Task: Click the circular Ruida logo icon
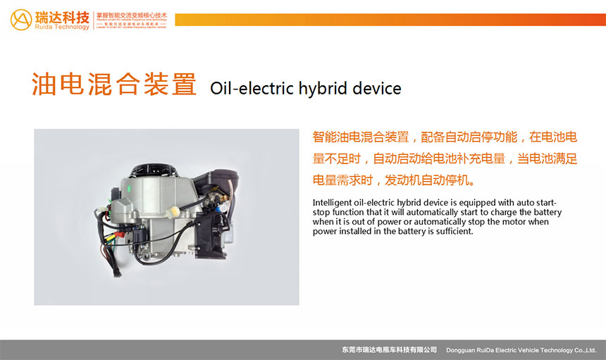point(20,19)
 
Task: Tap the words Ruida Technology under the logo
point(63,27)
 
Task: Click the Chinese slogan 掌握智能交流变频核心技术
point(132,15)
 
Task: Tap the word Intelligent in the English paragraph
point(333,203)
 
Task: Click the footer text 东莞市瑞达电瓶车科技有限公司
point(388,350)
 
